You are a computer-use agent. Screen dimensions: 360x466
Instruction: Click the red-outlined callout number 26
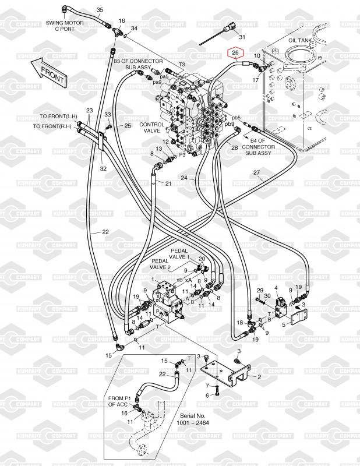[235, 53]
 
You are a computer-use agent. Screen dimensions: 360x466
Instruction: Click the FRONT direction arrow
[50, 72]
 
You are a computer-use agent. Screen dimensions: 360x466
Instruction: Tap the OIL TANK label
[300, 40]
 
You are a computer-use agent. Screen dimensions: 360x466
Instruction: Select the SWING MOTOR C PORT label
[65, 26]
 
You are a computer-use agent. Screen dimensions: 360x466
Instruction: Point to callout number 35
[100, 9]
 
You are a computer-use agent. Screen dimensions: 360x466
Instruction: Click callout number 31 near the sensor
[242, 37]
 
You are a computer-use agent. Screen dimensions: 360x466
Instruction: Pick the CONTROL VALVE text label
[151, 128]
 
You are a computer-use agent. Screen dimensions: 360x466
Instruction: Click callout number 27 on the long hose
[256, 172]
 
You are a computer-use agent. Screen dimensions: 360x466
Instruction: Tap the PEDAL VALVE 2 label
[160, 264]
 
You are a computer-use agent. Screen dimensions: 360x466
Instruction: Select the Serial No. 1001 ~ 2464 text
[193, 419]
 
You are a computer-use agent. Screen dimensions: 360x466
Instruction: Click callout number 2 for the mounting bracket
[259, 377]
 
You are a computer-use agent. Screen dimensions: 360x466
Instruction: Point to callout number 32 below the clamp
[103, 168]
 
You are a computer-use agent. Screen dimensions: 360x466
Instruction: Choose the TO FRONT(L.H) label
[58, 116]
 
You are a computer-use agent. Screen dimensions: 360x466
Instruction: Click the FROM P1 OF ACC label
[118, 401]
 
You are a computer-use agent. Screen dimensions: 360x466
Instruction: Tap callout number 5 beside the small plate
[284, 324]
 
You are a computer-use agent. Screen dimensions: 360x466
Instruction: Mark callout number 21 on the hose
[168, 183]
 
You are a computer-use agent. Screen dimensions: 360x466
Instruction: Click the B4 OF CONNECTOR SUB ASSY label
[258, 147]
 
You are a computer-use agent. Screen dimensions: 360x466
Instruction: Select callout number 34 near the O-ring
[134, 28]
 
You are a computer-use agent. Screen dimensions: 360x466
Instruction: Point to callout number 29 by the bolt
[260, 290]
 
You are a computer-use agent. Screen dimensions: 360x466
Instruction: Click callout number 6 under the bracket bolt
[207, 396]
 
